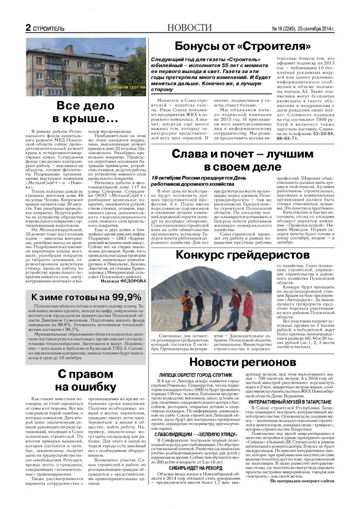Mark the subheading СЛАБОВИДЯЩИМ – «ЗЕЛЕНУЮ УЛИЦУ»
(200, 421)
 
